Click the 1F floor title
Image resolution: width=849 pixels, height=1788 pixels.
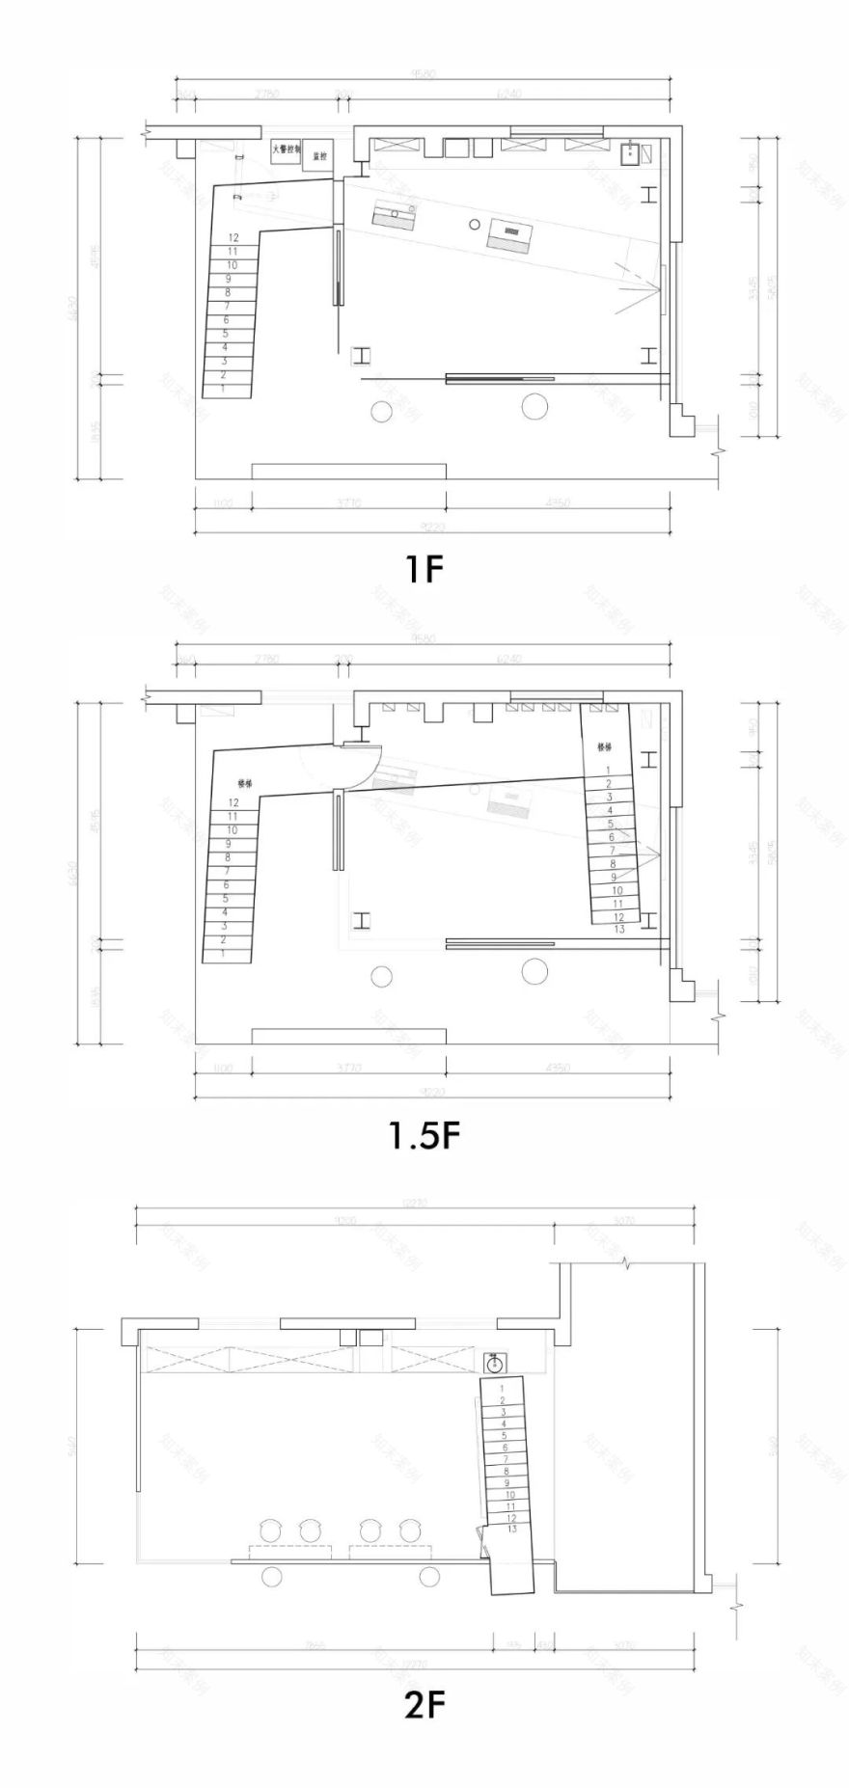click(x=424, y=569)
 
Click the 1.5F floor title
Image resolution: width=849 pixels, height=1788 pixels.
click(x=424, y=1135)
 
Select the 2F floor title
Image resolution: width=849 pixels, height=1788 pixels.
click(x=424, y=1704)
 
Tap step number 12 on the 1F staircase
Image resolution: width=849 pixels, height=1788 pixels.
click(x=233, y=237)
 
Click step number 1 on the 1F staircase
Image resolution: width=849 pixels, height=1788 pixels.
click(x=223, y=388)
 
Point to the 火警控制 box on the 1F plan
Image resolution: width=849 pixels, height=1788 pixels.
click(x=287, y=150)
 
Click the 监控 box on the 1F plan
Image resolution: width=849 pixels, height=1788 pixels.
click(x=319, y=155)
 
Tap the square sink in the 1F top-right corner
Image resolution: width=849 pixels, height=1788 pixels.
click(x=631, y=152)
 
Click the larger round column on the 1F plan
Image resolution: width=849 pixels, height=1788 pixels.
click(x=534, y=407)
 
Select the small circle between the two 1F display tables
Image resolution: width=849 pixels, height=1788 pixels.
click(x=474, y=224)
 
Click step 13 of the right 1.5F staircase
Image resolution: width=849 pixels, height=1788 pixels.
click(x=619, y=929)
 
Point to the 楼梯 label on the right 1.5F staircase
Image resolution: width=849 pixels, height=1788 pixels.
click(x=604, y=746)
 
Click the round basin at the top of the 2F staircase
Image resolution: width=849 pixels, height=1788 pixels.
click(x=494, y=1362)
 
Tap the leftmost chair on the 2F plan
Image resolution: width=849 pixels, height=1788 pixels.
click(x=269, y=1530)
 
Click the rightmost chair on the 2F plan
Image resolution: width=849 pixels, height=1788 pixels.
click(x=410, y=1530)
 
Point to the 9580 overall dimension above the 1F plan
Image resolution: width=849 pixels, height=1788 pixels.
click(x=422, y=73)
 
